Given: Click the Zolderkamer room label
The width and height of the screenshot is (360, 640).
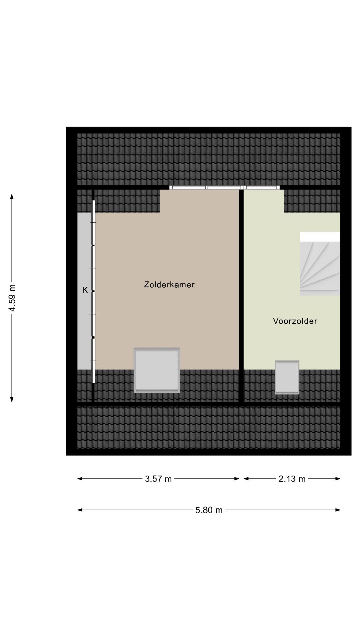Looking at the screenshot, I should (169, 285).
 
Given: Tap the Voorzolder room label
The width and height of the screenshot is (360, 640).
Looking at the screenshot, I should (295, 321).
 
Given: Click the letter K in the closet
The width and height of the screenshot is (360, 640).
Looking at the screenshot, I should (85, 290).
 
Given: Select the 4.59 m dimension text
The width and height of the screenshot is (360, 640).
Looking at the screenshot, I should (12, 298).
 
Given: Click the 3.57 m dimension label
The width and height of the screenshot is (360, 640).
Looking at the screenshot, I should (158, 479).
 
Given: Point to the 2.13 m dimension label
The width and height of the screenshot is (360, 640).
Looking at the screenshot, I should (292, 479).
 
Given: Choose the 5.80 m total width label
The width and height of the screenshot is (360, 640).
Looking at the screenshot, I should (209, 510).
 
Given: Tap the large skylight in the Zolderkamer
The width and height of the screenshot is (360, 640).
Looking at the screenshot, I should (157, 370).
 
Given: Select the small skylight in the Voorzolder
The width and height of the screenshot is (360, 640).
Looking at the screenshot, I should (287, 377).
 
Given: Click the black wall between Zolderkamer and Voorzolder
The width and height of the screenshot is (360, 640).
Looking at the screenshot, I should (241, 293).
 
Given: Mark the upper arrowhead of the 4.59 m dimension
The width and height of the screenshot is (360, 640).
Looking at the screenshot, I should (12, 196).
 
